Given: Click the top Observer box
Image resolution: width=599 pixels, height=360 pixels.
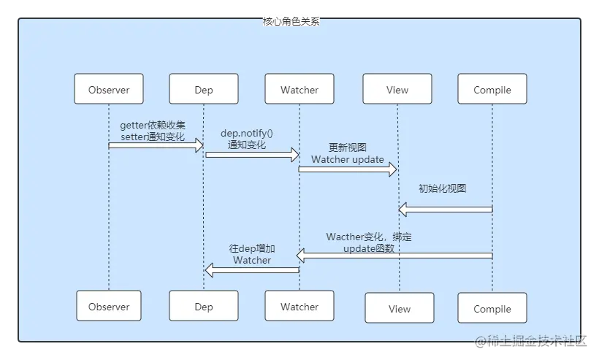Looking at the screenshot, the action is coord(109,89).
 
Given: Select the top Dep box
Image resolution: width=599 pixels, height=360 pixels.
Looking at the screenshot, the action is coord(204,89).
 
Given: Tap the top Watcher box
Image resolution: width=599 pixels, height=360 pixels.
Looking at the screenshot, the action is coord(299,89).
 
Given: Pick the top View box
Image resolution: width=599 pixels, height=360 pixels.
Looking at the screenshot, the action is coord(397,89).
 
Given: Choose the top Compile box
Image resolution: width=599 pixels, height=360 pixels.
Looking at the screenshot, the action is coord(492,89).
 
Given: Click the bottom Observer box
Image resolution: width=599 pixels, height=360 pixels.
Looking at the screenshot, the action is coord(109,306).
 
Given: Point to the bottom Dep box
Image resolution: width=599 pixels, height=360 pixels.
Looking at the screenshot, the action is coord(204,306).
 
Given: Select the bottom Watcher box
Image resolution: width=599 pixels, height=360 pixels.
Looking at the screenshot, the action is coord(299,306).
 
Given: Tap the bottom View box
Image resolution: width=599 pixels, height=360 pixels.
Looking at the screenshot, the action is coord(400,308).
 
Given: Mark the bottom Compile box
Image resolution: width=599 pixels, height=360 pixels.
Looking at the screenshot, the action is coord(492,308).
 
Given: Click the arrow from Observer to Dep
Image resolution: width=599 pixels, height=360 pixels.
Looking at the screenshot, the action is coord(156,145).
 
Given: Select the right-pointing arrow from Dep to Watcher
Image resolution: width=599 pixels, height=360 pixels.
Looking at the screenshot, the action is coord(252,155).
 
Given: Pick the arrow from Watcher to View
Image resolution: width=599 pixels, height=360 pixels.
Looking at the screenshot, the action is coord(348,169).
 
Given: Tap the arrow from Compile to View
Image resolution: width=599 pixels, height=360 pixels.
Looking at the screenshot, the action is coord(446,209).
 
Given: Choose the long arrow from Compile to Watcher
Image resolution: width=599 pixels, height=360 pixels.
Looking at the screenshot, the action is coord(394,256).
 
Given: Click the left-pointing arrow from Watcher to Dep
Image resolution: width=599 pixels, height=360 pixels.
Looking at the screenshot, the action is coord(252,270).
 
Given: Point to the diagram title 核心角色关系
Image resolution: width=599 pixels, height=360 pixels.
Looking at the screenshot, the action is coord(291,21).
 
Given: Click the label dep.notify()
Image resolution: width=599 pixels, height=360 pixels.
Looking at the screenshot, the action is coord(247,133).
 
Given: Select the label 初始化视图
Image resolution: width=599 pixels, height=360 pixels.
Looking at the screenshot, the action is coord(443,188).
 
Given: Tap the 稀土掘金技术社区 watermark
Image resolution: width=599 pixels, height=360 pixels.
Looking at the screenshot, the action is coord(530,340).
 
